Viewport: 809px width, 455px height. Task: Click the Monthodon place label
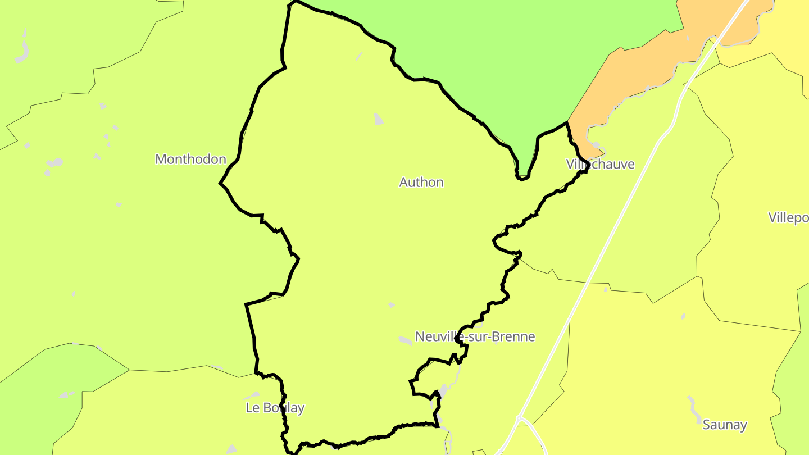point(190,160)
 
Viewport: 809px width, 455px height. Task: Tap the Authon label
point(421,183)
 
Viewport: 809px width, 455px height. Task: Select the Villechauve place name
point(601,165)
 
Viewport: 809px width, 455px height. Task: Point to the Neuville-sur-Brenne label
point(475,337)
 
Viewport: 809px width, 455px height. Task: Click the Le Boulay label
point(275,408)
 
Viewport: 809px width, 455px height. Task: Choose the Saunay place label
point(725,425)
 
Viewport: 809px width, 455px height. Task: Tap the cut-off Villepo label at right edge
point(789,218)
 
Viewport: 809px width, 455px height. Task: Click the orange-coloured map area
point(635,73)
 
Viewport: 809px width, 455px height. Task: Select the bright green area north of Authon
point(506,56)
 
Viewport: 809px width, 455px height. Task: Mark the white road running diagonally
point(618,225)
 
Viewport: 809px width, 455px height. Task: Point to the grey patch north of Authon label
point(379,119)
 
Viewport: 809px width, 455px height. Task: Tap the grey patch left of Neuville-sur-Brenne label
point(405,340)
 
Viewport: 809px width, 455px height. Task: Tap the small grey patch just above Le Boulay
point(252,395)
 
